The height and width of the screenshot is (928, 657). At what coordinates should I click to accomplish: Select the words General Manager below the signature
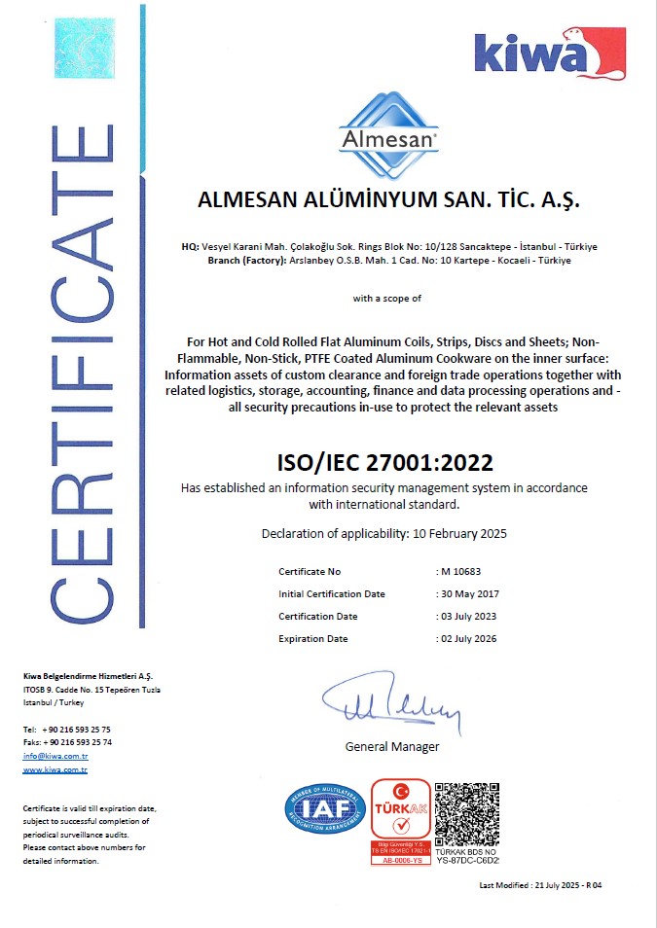392,747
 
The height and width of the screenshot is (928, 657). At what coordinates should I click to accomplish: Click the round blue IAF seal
325,809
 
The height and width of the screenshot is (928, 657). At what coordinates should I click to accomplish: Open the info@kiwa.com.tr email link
55,756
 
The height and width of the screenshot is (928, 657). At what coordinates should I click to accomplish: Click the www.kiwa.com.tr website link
55,769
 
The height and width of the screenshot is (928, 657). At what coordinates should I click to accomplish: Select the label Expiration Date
312,639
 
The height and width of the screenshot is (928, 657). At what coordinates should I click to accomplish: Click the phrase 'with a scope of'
386,299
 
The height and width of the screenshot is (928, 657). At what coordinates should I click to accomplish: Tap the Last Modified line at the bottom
541,885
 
